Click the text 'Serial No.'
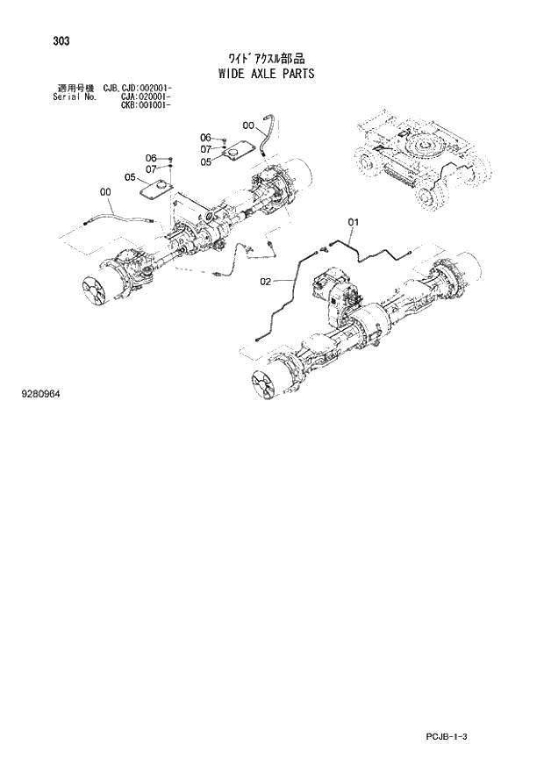74,97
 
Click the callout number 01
354,221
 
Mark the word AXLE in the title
263,74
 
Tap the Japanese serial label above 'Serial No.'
75,89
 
